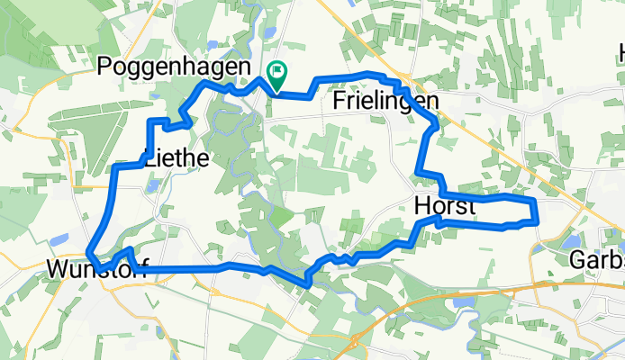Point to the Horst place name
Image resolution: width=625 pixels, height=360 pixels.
click(445, 206)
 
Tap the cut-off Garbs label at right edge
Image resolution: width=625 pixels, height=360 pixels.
click(597, 260)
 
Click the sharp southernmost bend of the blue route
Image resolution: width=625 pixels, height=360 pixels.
click(308, 283)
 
